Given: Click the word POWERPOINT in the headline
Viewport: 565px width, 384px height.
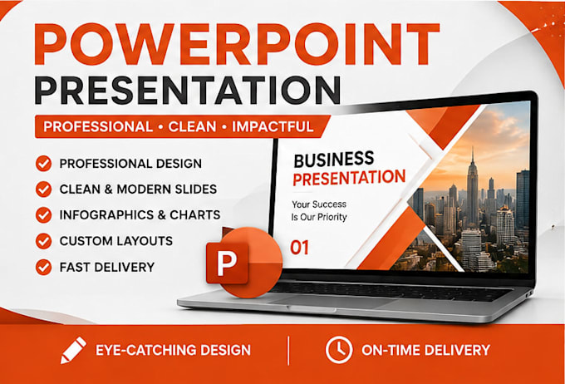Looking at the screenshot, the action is pos(237,44).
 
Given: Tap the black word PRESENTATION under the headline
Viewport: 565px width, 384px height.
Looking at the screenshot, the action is pos(188,90).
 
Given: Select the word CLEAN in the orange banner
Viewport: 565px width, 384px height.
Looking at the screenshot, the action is pos(192,126).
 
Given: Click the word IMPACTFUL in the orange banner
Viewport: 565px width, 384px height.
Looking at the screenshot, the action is pos(273,126).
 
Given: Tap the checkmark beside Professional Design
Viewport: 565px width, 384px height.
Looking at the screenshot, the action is pos(43,164).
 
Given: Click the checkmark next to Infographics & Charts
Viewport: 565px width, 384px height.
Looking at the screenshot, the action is pos(43,215).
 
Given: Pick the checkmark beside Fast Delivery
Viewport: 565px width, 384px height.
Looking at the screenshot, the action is pos(43,267).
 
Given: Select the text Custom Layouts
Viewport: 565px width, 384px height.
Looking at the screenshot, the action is pos(116,241).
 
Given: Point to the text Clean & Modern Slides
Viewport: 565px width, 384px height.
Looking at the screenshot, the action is pos(138,189).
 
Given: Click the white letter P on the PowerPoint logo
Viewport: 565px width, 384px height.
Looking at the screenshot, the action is pos(225,263).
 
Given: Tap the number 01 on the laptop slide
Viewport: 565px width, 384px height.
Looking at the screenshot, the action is pos(299,248).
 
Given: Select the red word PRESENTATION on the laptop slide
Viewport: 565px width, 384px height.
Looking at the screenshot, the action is pos(349,177).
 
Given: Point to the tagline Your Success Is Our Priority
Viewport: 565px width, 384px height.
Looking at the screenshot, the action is pos(319,210).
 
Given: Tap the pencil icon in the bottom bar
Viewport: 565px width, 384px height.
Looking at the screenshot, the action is pos(73,350).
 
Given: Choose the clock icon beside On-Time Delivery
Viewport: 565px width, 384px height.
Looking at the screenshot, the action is pos(339,350).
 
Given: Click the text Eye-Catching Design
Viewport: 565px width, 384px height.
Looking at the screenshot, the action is pos(173,350).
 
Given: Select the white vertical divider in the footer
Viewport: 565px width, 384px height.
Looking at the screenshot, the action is pos(288,351).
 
